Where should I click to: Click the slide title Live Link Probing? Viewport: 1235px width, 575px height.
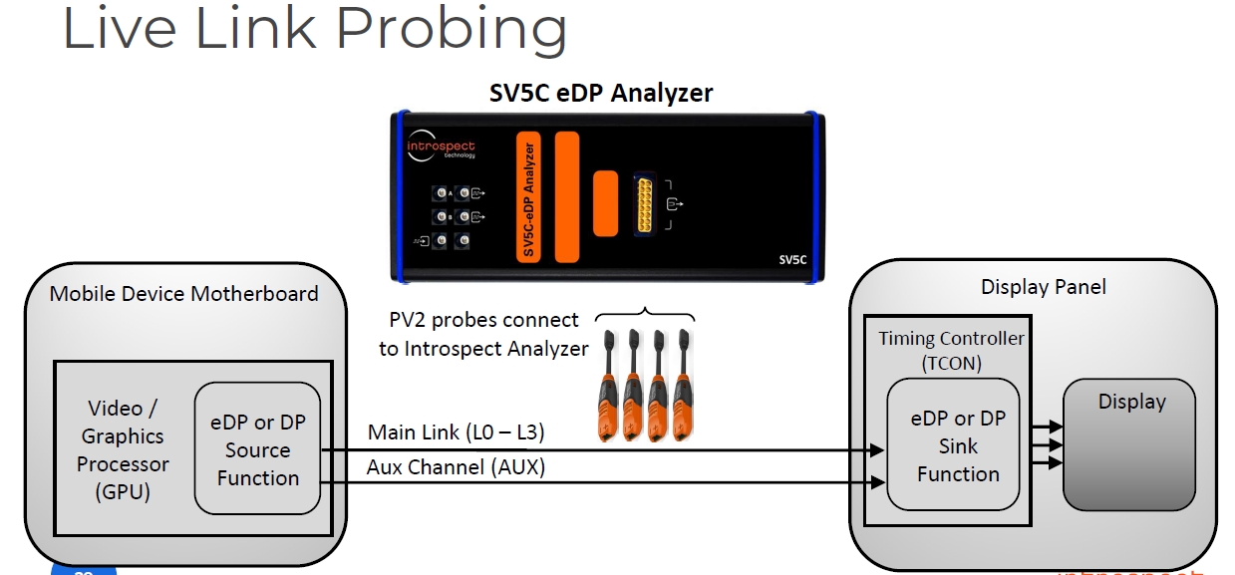pos(314,30)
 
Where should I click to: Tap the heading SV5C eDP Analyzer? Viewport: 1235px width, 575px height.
pos(601,93)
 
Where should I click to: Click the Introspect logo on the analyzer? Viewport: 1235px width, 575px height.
pos(441,148)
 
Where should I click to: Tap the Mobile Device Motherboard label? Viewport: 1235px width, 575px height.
pos(183,293)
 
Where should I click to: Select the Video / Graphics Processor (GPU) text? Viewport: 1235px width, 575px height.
pos(124,449)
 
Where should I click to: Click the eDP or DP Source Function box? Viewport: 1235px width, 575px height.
pos(258,449)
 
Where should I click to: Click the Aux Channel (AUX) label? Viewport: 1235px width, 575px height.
pos(456,466)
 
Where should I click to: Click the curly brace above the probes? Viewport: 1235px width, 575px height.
pos(645,314)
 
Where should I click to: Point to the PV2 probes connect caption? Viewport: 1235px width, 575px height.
pos(483,334)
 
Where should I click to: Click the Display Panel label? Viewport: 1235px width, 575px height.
pos(1043,287)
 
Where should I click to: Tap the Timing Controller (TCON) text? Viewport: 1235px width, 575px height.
pos(950,350)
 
